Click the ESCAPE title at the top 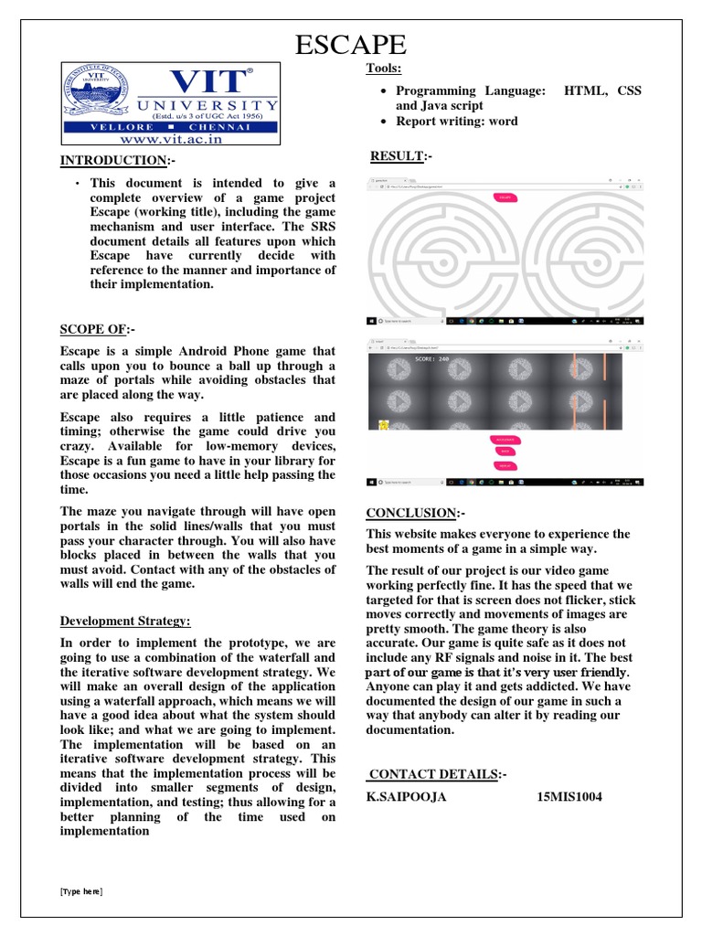click(x=350, y=44)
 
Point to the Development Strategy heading click(x=125, y=622)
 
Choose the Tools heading click(x=384, y=69)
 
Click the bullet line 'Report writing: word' click(x=456, y=121)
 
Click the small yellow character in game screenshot click(x=384, y=423)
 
